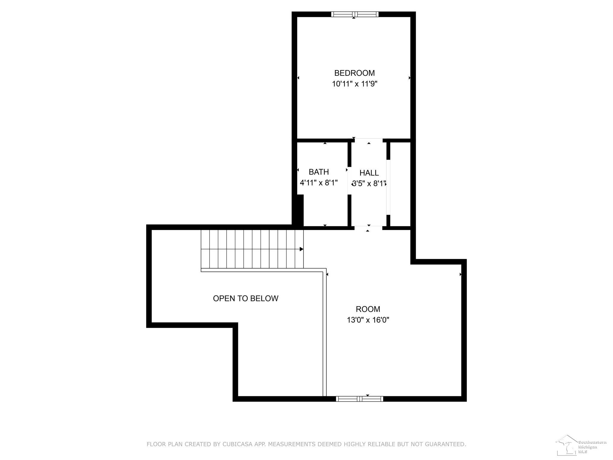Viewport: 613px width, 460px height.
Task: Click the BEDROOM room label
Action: click(x=354, y=73)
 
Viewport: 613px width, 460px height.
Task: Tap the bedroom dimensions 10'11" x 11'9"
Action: click(x=354, y=84)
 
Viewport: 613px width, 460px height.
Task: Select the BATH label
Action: click(x=319, y=172)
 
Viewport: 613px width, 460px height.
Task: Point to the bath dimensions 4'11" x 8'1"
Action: click(x=319, y=183)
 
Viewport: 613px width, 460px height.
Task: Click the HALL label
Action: click(x=369, y=173)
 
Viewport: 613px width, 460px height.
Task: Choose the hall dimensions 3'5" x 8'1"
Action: click(x=369, y=184)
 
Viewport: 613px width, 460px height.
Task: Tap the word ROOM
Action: click(x=368, y=309)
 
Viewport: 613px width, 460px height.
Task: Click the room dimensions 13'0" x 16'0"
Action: click(x=368, y=320)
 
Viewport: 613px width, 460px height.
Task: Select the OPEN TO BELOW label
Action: click(x=246, y=298)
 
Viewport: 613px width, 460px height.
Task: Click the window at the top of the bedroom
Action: click(x=355, y=14)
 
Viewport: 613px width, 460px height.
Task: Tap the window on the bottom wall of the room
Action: click(x=359, y=399)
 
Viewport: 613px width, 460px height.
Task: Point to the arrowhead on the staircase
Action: click(x=302, y=249)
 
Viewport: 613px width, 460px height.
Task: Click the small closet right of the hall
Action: click(x=400, y=184)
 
